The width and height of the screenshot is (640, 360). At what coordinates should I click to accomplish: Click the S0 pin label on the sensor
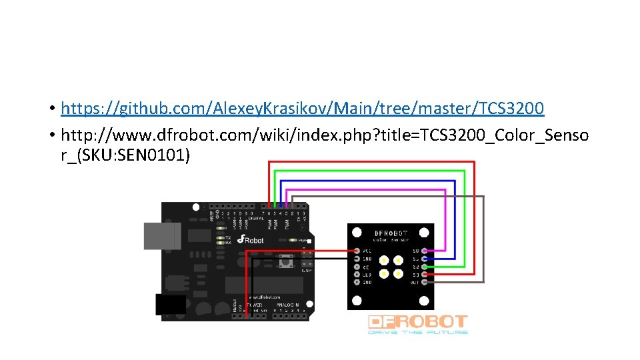click(415, 251)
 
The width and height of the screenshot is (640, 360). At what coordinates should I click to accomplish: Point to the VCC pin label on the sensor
click(367, 251)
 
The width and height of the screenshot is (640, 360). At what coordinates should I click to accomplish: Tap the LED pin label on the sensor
click(367, 274)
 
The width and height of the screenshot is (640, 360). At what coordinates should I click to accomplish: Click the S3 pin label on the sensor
click(415, 274)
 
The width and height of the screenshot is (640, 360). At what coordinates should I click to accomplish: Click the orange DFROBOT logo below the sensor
click(418, 321)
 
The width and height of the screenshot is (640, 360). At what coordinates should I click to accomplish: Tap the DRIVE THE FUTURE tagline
click(418, 332)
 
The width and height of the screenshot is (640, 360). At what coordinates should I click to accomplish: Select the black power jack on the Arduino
click(171, 304)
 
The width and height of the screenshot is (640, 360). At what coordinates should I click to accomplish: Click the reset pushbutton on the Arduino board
click(290, 262)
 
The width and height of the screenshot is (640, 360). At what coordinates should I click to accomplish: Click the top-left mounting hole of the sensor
click(357, 233)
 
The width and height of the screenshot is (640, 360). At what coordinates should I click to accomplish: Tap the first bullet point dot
click(51, 109)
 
